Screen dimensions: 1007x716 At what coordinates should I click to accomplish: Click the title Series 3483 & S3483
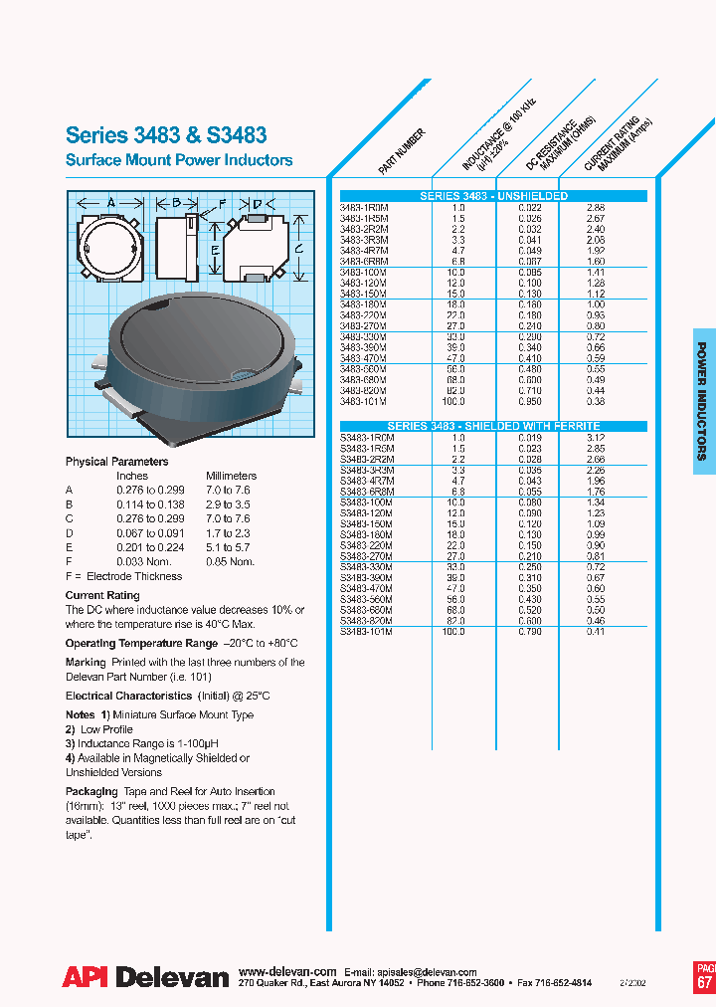pos(166,135)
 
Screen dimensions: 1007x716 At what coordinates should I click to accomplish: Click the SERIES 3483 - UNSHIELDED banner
pos(493,196)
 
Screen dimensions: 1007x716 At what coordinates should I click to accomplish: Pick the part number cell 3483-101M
pos(364,401)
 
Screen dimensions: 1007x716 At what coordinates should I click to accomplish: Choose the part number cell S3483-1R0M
pos(367,437)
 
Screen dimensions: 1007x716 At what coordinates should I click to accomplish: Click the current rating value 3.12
pos(596,437)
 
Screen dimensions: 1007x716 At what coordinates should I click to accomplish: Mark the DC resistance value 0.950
pos(529,401)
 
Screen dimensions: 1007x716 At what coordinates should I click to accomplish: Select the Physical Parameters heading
pos(116,462)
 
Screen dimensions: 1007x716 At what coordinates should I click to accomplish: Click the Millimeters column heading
pos(231,476)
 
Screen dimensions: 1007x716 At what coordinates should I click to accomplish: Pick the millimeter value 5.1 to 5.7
pos(228,547)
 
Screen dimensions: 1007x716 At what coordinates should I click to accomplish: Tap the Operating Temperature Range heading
pos(142,644)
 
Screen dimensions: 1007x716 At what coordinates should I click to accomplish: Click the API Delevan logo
pos(146,977)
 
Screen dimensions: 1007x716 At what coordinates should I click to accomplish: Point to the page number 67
pos(704,982)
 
